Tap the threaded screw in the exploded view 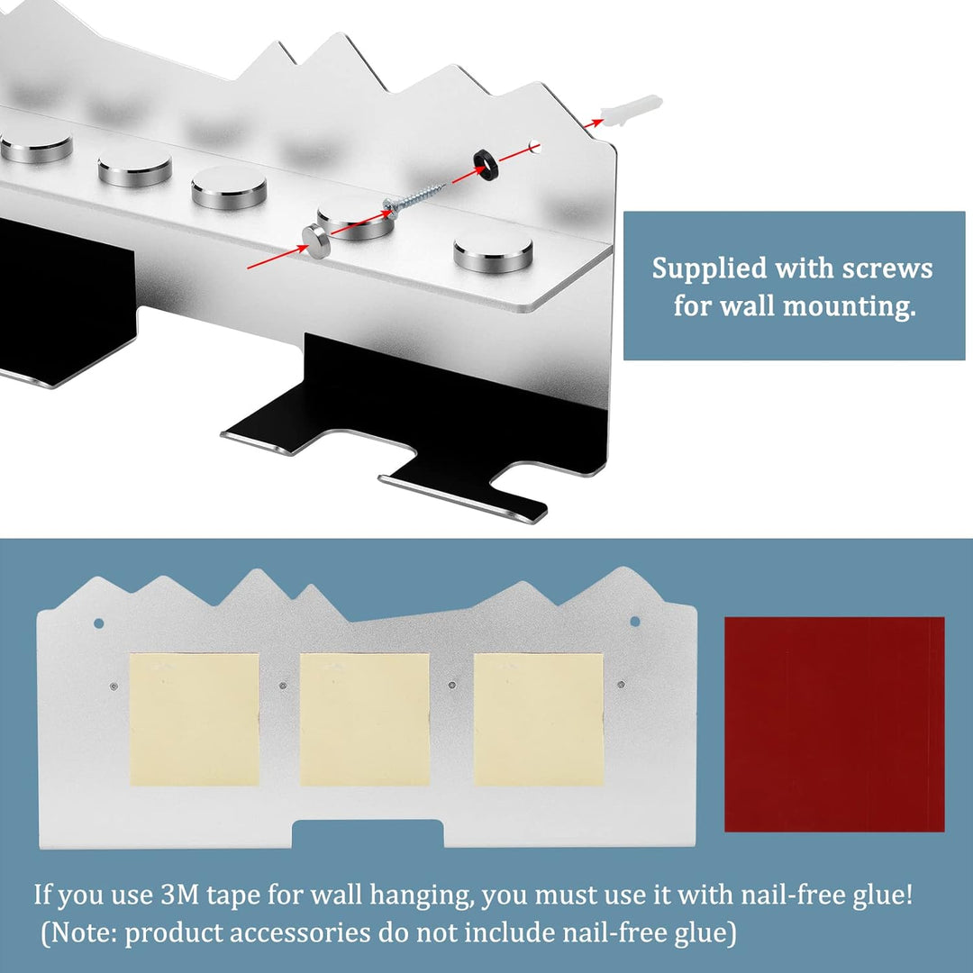tap(414, 197)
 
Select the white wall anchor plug tap(632, 111)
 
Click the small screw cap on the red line tap(316, 241)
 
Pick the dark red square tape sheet tap(834, 723)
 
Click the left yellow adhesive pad tap(195, 719)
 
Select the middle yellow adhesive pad tap(365, 719)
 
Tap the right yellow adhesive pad tap(539, 719)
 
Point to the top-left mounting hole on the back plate tap(99, 623)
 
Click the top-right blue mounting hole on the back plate tap(635, 621)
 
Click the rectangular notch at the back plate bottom tap(368, 834)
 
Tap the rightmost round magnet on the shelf tap(494, 252)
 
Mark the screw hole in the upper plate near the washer tap(534, 147)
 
